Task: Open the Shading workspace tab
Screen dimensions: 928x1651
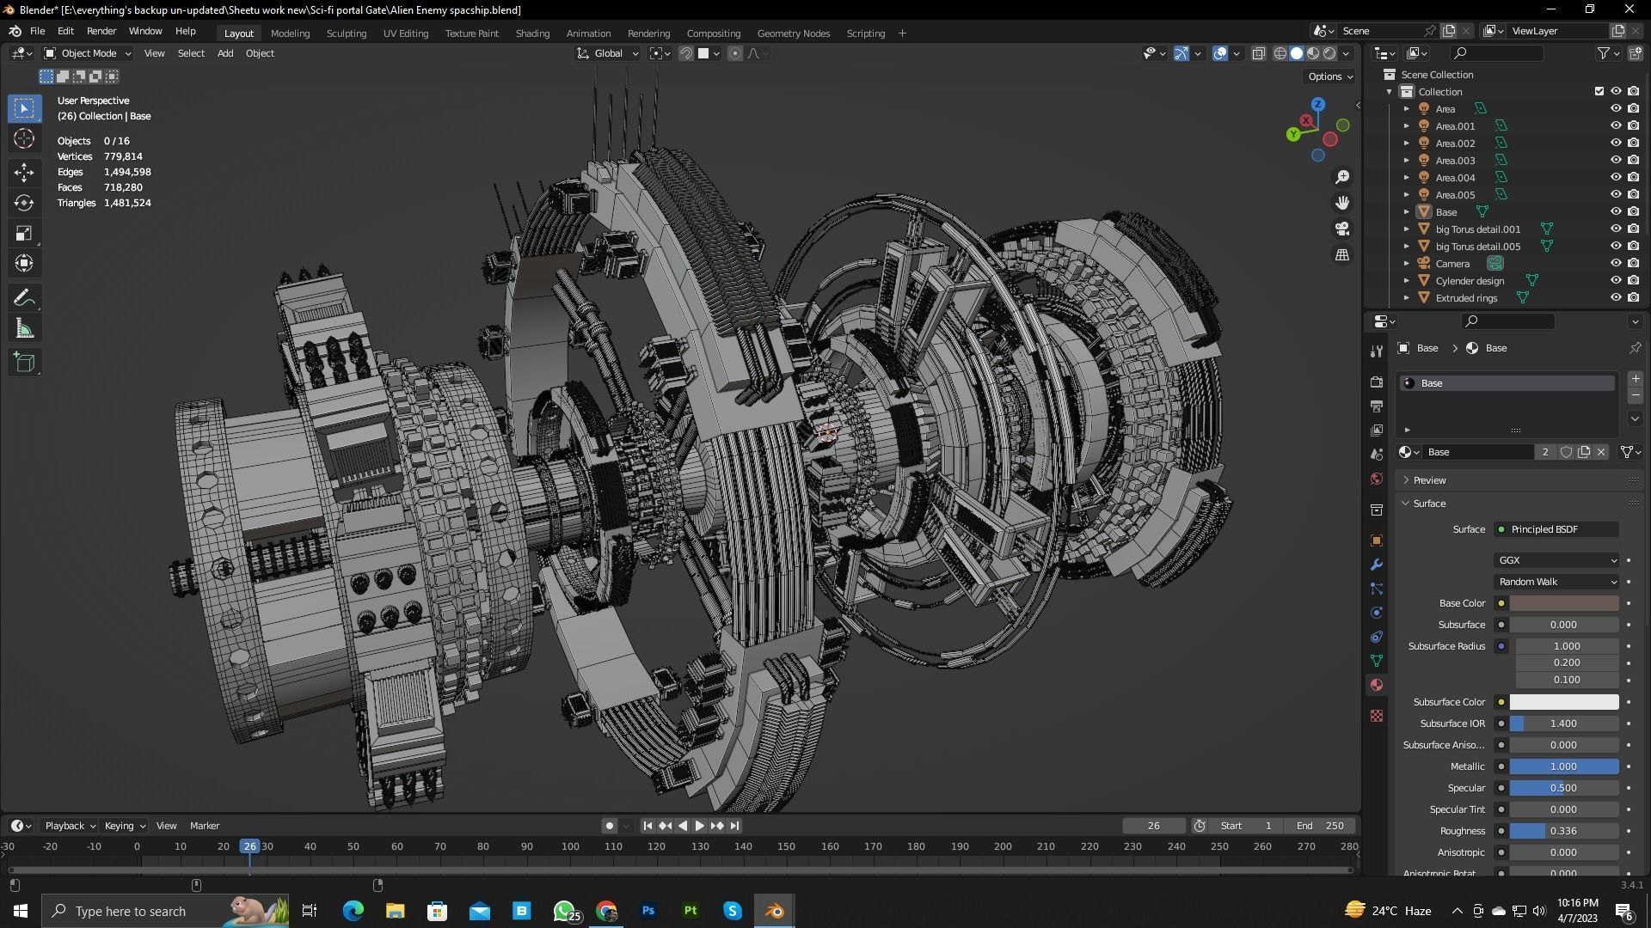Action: [532, 34]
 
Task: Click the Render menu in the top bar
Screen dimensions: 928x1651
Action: [101, 31]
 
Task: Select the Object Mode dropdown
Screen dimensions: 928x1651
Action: [88, 53]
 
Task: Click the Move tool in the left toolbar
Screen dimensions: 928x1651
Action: [24, 172]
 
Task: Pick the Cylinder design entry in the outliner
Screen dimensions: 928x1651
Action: [1470, 281]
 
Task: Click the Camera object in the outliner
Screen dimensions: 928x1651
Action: [1452, 264]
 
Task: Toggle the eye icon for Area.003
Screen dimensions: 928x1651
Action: [1615, 161]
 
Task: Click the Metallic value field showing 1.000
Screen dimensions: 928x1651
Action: [1563, 766]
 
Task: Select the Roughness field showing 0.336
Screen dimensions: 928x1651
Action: [1563, 831]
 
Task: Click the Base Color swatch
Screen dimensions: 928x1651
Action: [1563, 603]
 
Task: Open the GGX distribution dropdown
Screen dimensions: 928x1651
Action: [1556, 560]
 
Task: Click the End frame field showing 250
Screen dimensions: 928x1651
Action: [1320, 826]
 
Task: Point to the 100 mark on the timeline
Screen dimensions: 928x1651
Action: [570, 846]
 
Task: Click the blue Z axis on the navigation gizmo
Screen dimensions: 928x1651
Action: [1318, 104]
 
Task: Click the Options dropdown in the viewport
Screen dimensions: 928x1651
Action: [1329, 76]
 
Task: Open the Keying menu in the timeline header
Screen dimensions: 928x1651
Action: [124, 826]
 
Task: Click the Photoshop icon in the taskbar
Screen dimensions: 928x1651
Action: [648, 911]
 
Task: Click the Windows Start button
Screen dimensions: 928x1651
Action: [21, 911]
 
